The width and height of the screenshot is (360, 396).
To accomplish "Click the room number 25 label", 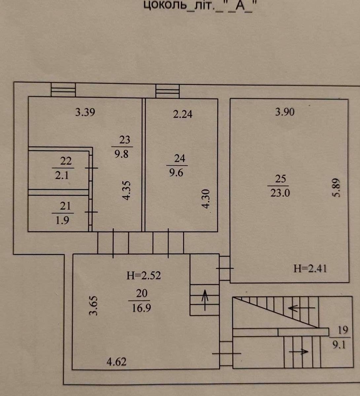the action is pyautogui.click(x=281, y=179).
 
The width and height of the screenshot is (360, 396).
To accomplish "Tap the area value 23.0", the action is pyautogui.click(x=280, y=193).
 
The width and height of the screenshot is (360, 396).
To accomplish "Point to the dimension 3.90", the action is pyautogui.click(x=285, y=112).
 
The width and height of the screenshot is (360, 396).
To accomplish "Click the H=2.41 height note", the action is pyautogui.click(x=310, y=269).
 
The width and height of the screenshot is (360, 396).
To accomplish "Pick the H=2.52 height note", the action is pyautogui.click(x=144, y=275).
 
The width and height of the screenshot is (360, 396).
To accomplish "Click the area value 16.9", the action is pyautogui.click(x=141, y=308).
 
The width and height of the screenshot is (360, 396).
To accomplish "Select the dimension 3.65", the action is pyautogui.click(x=93, y=306).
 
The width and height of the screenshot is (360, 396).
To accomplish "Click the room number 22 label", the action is pyautogui.click(x=66, y=161).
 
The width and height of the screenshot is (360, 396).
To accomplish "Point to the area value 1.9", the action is pyautogui.click(x=62, y=220).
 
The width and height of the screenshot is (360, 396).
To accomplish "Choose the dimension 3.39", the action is pyautogui.click(x=85, y=112).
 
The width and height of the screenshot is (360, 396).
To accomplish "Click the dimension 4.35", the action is pyautogui.click(x=126, y=190).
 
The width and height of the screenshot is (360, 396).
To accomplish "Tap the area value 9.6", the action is pyautogui.click(x=176, y=172).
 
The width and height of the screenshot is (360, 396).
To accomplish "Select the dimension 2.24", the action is pyautogui.click(x=183, y=114).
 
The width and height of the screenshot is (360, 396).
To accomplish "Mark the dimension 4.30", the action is pyautogui.click(x=205, y=199).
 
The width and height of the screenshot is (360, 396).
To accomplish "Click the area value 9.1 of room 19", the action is pyautogui.click(x=339, y=345).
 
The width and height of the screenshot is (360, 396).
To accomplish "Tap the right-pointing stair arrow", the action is pyautogui.click(x=299, y=351).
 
